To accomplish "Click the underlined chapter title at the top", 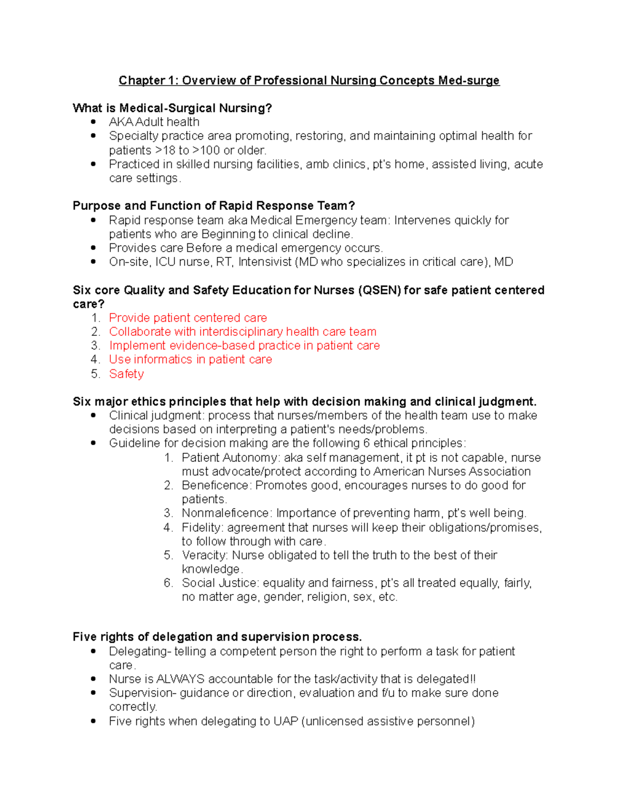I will (x=309, y=80).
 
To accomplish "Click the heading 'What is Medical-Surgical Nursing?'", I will (x=172, y=108).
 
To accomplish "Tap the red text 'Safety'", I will (x=126, y=374).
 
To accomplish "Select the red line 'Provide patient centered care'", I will (x=188, y=318).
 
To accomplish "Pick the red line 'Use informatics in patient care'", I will (x=190, y=359).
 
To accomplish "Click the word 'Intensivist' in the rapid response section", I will (x=265, y=262).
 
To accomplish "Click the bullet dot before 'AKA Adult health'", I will (x=93, y=122).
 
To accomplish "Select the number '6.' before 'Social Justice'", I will (x=169, y=583).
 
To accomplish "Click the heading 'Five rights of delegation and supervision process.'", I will (x=217, y=637).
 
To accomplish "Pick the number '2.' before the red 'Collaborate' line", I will (x=95, y=332).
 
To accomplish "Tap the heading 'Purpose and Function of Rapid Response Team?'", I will (x=214, y=206).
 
